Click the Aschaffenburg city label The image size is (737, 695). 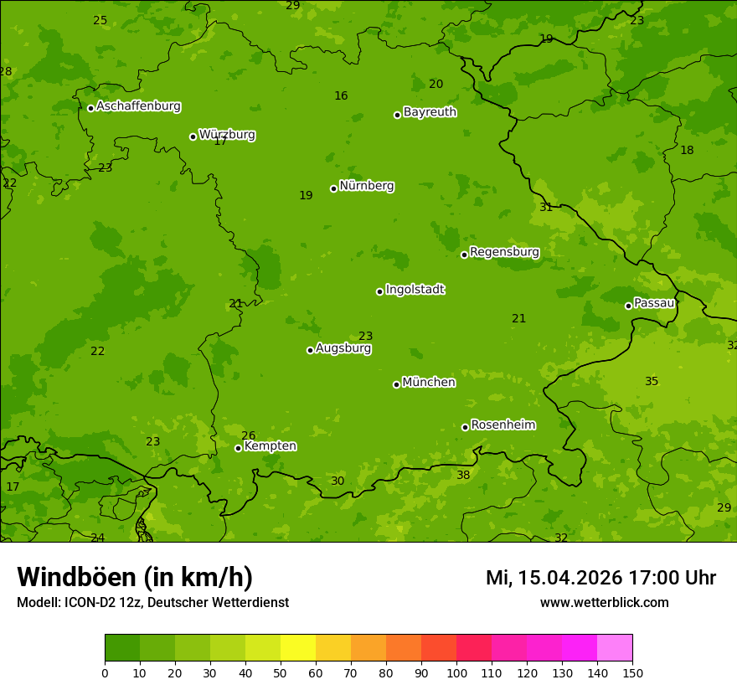(x=138, y=106)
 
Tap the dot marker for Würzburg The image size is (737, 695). (x=193, y=136)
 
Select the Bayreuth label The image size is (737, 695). (x=430, y=112)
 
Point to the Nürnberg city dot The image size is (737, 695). (x=333, y=188)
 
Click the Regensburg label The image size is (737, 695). (x=504, y=252)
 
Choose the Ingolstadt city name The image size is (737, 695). (x=415, y=290)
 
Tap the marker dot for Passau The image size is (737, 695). (x=628, y=306)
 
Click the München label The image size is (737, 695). (x=429, y=383)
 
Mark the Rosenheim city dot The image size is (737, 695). (x=465, y=427)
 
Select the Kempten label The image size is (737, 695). (x=270, y=446)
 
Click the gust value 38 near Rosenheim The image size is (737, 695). (x=463, y=476)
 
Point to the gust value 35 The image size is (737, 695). (x=652, y=382)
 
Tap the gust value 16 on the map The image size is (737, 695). (x=341, y=96)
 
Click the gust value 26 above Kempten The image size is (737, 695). (x=248, y=435)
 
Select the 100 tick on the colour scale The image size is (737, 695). (x=456, y=672)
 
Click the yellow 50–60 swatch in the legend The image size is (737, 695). (x=298, y=648)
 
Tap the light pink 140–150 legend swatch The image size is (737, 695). (x=615, y=648)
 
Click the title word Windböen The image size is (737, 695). (x=76, y=577)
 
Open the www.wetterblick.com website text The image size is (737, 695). (x=604, y=603)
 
